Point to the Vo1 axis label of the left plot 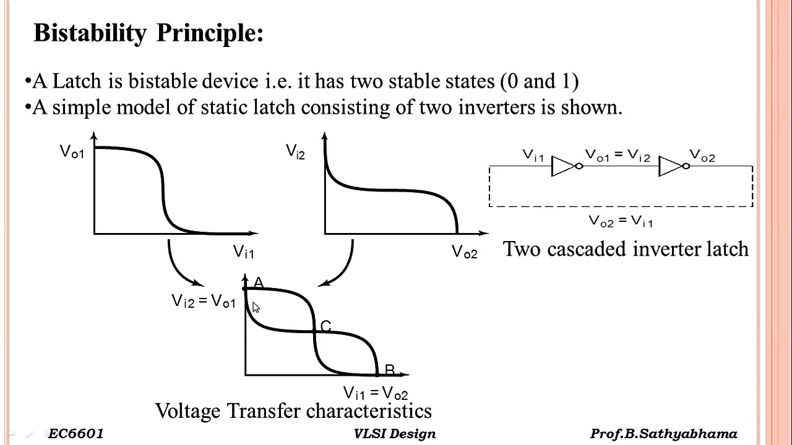click(x=72, y=152)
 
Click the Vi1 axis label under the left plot click(x=243, y=252)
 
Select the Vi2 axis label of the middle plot click(x=295, y=151)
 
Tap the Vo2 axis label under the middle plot click(x=464, y=252)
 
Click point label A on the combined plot click(x=259, y=283)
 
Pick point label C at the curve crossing click(x=325, y=326)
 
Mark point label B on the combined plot click(x=389, y=370)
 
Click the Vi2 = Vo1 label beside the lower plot click(x=204, y=301)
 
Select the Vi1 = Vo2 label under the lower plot click(x=376, y=393)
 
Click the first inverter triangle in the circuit click(x=562, y=166)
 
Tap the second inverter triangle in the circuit click(x=670, y=166)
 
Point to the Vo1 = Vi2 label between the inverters click(x=618, y=156)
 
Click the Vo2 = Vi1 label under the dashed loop click(x=621, y=221)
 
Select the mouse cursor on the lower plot click(x=256, y=308)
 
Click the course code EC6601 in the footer click(x=75, y=434)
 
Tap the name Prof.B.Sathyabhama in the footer click(x=664, y=434)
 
